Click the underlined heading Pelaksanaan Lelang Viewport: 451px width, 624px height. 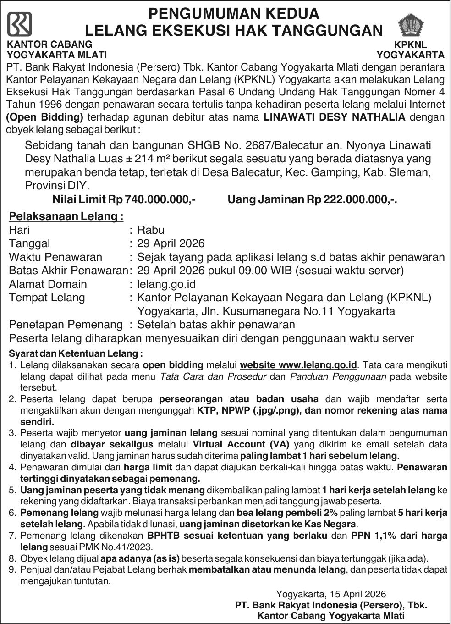(66, 216)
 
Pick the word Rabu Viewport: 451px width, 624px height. (151, 230)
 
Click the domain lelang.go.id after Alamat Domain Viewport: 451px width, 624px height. (166, 284)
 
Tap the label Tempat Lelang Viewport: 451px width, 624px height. (47, 298)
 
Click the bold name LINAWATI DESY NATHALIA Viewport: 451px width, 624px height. (335, 117)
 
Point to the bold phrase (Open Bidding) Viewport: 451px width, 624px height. (45, 117)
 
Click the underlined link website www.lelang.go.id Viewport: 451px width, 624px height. (298, 365)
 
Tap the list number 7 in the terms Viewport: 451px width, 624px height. (12, 536)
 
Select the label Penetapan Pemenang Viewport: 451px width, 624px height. (66, 325)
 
